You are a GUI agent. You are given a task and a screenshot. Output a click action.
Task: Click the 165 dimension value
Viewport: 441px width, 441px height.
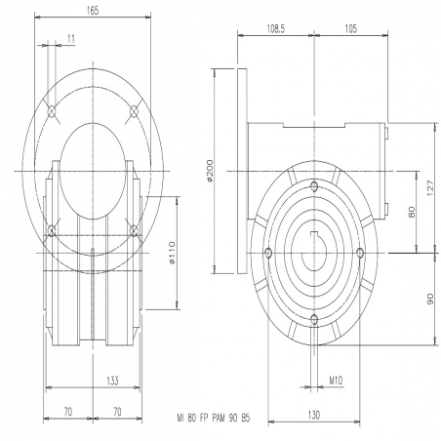[x=93, y=11]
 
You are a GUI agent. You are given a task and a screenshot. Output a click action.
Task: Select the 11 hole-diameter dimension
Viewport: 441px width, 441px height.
[x=71, y=39]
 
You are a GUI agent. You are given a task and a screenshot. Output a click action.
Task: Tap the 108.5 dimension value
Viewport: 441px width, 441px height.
[x=276, y=29]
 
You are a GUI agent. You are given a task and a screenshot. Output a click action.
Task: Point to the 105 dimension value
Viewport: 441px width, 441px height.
[x=350, y=29]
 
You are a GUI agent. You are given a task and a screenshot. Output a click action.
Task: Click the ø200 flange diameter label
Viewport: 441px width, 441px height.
[x=210, y=171]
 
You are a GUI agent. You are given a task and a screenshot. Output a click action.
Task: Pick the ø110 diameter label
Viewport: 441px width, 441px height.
[x=172, y=253]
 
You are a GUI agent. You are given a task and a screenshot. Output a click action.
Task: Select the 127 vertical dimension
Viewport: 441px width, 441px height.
[x=430, y=188]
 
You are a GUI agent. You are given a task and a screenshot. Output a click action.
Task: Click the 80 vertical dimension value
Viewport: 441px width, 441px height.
[x=412, y=212]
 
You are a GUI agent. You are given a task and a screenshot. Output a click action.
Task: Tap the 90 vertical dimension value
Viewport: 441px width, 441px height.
[x=430, y=299]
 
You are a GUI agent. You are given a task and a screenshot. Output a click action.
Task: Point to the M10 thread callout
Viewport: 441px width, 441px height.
[x=336, y=380]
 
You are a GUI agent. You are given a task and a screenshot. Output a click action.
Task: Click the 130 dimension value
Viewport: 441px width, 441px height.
[x=314, y=415]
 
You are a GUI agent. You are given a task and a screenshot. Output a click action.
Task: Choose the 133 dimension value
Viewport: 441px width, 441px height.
[x=112, y=381]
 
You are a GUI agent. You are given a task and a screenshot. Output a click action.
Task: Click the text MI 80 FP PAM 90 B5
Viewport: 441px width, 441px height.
[x=214, y=418]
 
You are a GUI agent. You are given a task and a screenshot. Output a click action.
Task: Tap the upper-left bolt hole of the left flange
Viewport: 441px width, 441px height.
[x=52, y=111]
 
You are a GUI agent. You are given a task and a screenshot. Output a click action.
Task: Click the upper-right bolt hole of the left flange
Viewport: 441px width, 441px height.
[x=134, y=111]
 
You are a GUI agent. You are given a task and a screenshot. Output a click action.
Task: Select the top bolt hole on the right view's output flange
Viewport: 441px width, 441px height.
[x=314, y=186]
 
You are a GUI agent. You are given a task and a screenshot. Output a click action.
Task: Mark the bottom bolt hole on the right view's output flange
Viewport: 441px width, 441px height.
[x=314, y=320]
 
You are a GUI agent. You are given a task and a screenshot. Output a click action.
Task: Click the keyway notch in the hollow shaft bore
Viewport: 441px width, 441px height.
[x=314, y=234]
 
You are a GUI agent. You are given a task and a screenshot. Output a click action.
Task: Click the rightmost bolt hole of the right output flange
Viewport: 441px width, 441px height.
[x=360, y=253]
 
